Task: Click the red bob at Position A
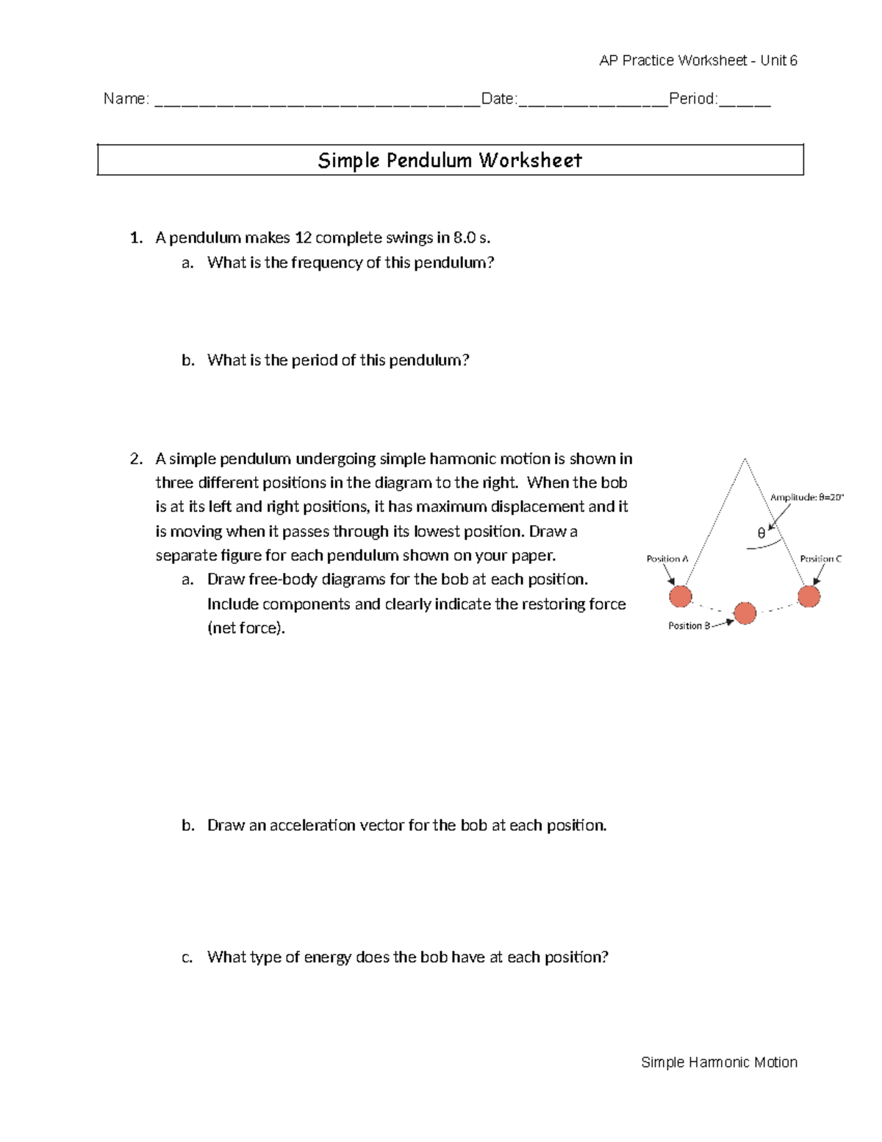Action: pos(681,596)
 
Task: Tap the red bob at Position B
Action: pos(745,613)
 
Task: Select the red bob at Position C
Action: pos(808,596)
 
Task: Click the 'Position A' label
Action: pos(667,559)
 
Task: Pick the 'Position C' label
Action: pos(820,559)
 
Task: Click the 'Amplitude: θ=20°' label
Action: pos(806,497)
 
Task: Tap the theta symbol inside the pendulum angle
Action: pos(761,534)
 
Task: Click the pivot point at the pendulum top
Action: pos(745,459)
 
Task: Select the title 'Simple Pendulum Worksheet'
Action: pos(450,160)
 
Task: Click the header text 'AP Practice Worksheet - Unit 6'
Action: pos(698,60)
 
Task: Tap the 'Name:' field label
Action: pos(126,99)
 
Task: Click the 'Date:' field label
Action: pos(499,99)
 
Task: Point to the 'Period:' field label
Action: pos(693,99)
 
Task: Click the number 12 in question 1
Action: pos(303,238)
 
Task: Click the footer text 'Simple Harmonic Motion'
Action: pos(719,1062)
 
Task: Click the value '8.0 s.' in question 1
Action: pos(471,238)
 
